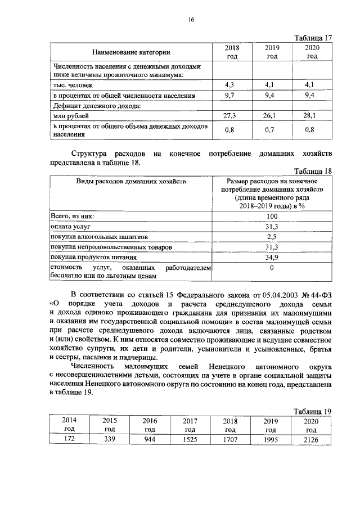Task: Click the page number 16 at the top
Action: (x=191, y=20)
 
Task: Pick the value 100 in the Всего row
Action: (x=272, y=217)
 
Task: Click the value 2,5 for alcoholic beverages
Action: (x=272, y=237)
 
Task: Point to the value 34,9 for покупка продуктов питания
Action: (x=272, y=257)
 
